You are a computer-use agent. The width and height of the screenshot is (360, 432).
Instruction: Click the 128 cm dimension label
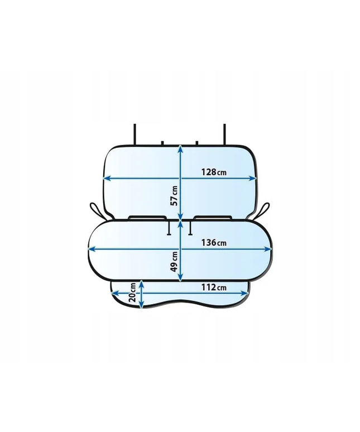[x=214, y=172]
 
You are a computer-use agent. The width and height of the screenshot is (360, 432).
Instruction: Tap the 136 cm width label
[x=214, y=243]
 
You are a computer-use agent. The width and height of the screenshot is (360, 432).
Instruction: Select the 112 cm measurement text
[x=214, y=287]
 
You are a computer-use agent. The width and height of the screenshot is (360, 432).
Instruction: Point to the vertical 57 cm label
[x=174, y=195]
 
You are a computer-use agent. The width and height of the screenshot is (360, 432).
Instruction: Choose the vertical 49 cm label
[x=174, y=261]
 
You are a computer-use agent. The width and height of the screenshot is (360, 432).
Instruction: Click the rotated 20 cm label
[x=132, y=292]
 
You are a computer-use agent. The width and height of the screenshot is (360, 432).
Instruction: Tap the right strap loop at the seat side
[x=263, y=210]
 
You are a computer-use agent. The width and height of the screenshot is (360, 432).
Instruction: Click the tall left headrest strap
[x=135, y=135]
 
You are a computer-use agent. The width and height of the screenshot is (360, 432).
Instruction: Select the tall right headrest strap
[x=224, y=135]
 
